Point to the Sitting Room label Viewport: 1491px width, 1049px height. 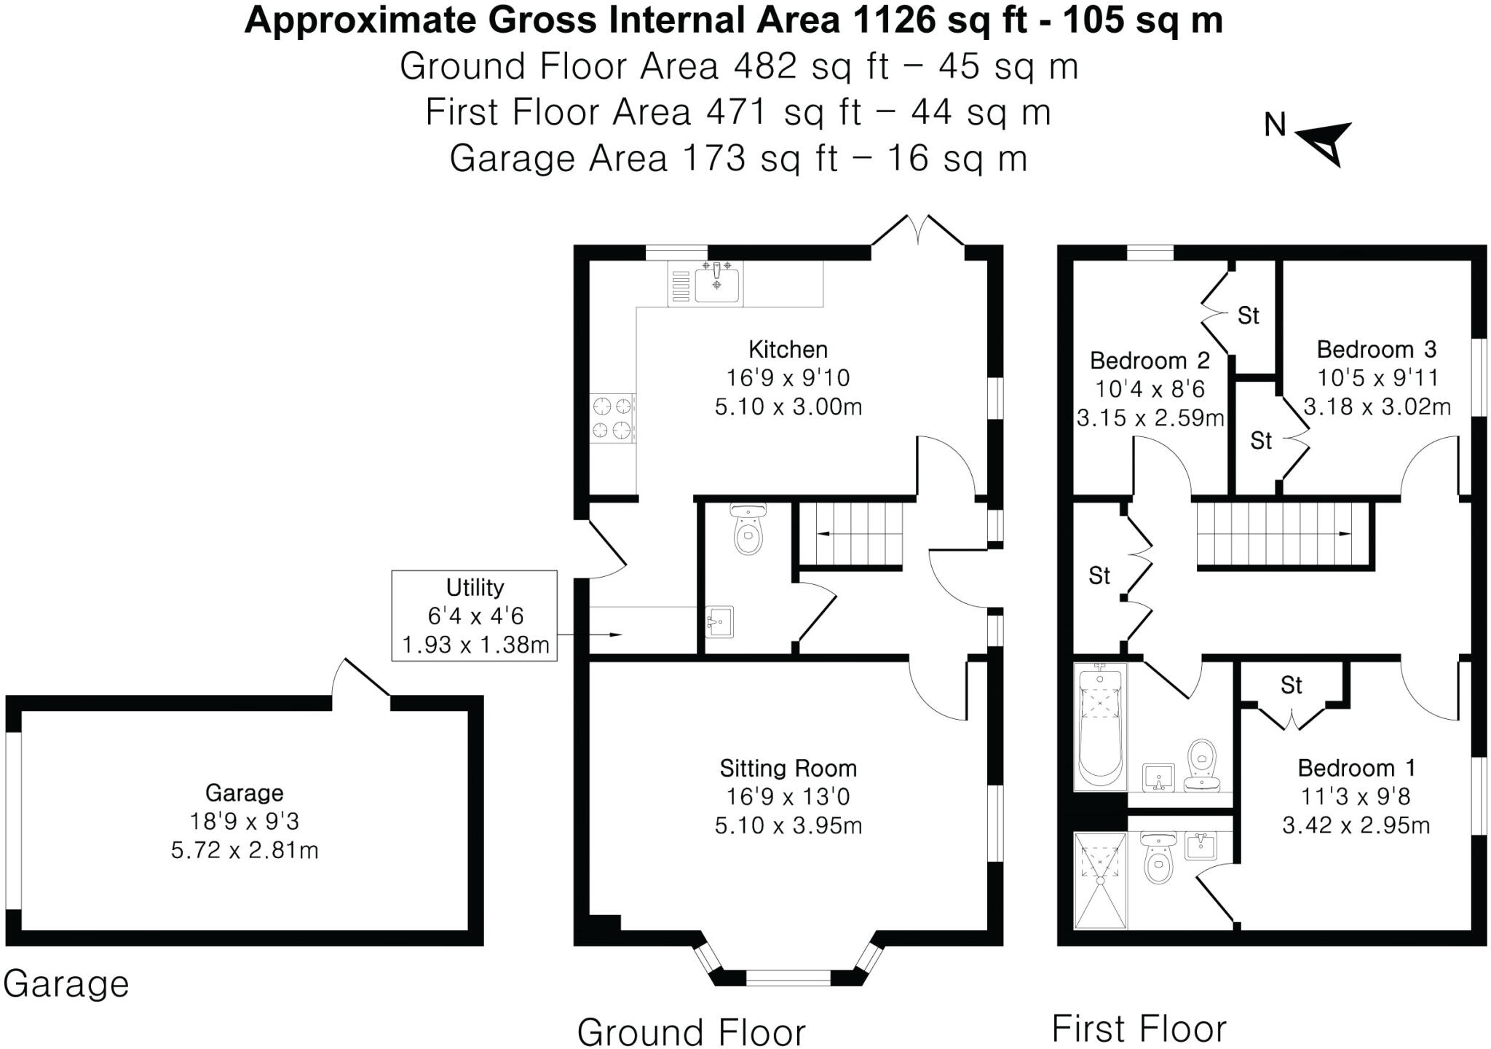(x=788, y=768)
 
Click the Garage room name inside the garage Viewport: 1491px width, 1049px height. (x=244, y=793)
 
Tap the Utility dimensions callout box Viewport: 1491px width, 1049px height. (x=475, y=616)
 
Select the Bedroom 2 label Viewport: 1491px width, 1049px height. (x=1150, y=360)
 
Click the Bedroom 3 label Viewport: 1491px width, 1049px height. (x=1376, y=349)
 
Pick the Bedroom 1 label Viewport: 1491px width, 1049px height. (x=1356, y=768)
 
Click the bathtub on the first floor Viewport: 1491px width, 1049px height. (x=1100, y=726)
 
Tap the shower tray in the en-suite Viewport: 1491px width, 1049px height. (x=1100, y=881)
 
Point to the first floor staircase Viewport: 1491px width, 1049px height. (x=1285, y=534)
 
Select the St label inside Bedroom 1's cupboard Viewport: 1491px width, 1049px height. (x=1292, y=685)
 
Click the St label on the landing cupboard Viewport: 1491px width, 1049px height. (x=1099, y=576)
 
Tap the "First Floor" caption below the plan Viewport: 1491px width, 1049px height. (x=1139, y=1029)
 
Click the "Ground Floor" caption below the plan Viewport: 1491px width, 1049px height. (x=692, y=1032)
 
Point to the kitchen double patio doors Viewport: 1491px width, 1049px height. (x=918, y=232)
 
